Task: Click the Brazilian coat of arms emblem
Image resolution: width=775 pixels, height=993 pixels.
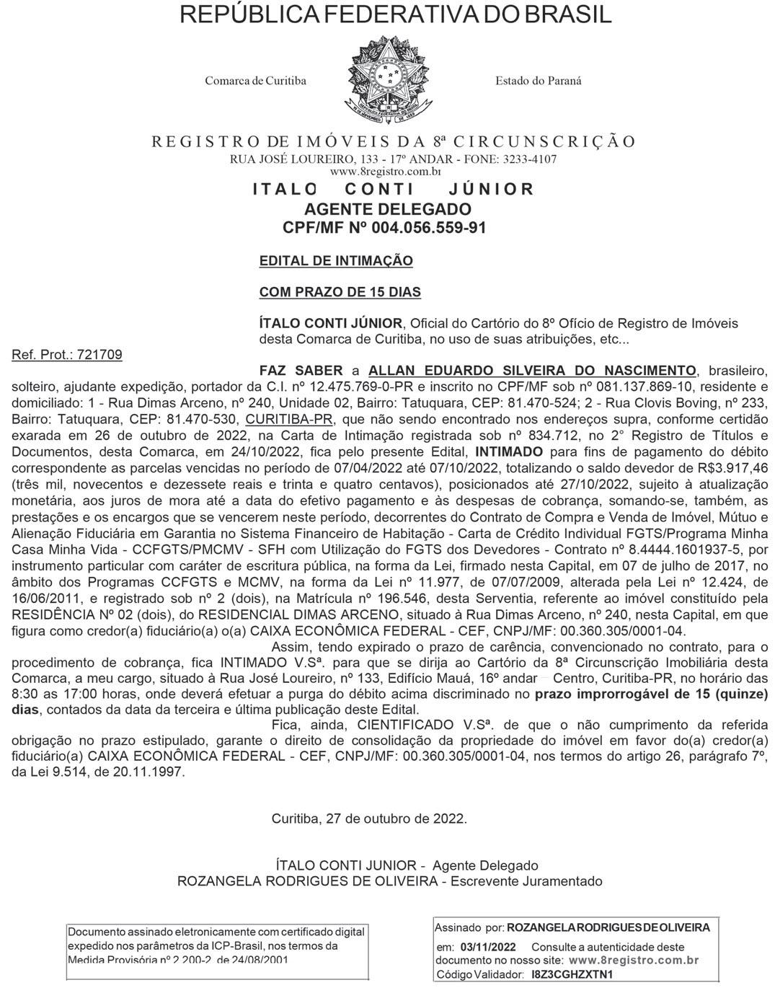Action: (391, 80)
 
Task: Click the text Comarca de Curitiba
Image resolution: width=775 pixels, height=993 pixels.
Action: (255, 81)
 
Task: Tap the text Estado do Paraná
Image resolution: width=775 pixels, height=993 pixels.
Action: (538, 81)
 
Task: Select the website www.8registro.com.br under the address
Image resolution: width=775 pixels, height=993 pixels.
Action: (385, 172)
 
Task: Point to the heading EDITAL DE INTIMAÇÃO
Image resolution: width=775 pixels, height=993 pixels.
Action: (336, 260)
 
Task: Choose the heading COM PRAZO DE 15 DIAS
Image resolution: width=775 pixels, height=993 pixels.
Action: (340, 292)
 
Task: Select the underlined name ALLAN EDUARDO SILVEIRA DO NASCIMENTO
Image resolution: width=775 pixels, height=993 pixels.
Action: (533, 371)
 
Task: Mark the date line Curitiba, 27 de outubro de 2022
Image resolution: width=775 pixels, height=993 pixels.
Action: (369, 818)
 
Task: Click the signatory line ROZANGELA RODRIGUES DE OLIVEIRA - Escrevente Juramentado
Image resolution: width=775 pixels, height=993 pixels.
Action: (389, 881)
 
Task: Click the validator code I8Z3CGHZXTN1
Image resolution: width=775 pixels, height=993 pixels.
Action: (572, 974)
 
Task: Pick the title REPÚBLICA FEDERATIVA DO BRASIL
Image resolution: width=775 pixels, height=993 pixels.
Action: (395, 14)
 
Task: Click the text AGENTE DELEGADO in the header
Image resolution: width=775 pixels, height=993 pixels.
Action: (387, 209)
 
